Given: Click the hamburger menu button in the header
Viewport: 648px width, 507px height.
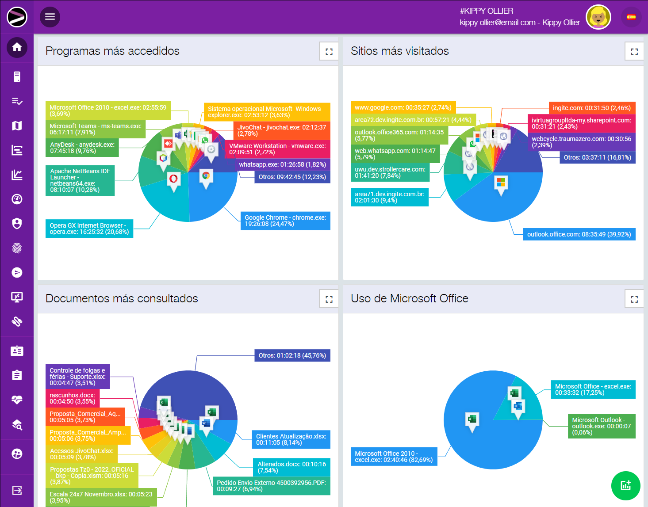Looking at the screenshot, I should coord(50,17).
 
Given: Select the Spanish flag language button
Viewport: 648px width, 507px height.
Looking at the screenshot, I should coord(631,17).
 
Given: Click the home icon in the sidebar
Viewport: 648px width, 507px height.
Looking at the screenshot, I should coord(17,47).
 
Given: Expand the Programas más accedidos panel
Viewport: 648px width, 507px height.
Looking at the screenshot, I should coord(329,52).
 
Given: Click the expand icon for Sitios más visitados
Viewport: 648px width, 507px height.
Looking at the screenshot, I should coord(634,52).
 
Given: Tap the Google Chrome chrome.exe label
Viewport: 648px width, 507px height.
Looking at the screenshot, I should coord(285,221).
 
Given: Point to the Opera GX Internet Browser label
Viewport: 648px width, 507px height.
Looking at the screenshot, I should coord(89,229).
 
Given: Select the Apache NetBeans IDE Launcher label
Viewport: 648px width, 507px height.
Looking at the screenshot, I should coord(80,180).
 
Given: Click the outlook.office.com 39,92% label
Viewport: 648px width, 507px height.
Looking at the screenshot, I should coord(579,234).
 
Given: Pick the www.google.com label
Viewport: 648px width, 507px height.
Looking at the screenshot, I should coord(403,107).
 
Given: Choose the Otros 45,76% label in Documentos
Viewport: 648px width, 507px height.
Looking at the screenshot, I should coord(292,355).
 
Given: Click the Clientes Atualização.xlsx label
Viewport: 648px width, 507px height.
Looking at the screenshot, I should coord(291,439).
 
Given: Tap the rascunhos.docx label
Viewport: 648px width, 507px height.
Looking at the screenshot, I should coord(73,398).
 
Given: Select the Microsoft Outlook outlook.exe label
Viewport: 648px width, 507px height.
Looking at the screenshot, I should coord(601,426).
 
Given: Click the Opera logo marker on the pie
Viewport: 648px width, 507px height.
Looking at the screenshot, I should coord(173,179).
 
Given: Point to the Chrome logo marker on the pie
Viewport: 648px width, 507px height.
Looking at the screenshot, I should coord(206,176).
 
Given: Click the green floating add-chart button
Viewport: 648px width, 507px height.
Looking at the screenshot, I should coord(625,485).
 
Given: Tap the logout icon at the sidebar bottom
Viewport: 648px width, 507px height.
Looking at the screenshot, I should coord(17,490).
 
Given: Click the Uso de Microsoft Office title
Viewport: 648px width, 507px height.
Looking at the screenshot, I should coord(409,298).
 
